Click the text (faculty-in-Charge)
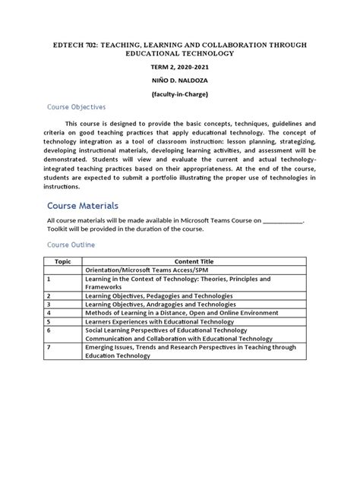pyautogui.click(x=179, y=94)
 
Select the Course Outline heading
pyautogui.click(x=71, y=245)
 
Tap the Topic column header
pyautogui.click(x=63, y=260)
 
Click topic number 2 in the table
pyautogui.click(x=49, y=295)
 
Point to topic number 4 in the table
pyautogui.click(x=49, y=312)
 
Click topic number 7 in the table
pyautogui.click(x=49, y=346)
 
